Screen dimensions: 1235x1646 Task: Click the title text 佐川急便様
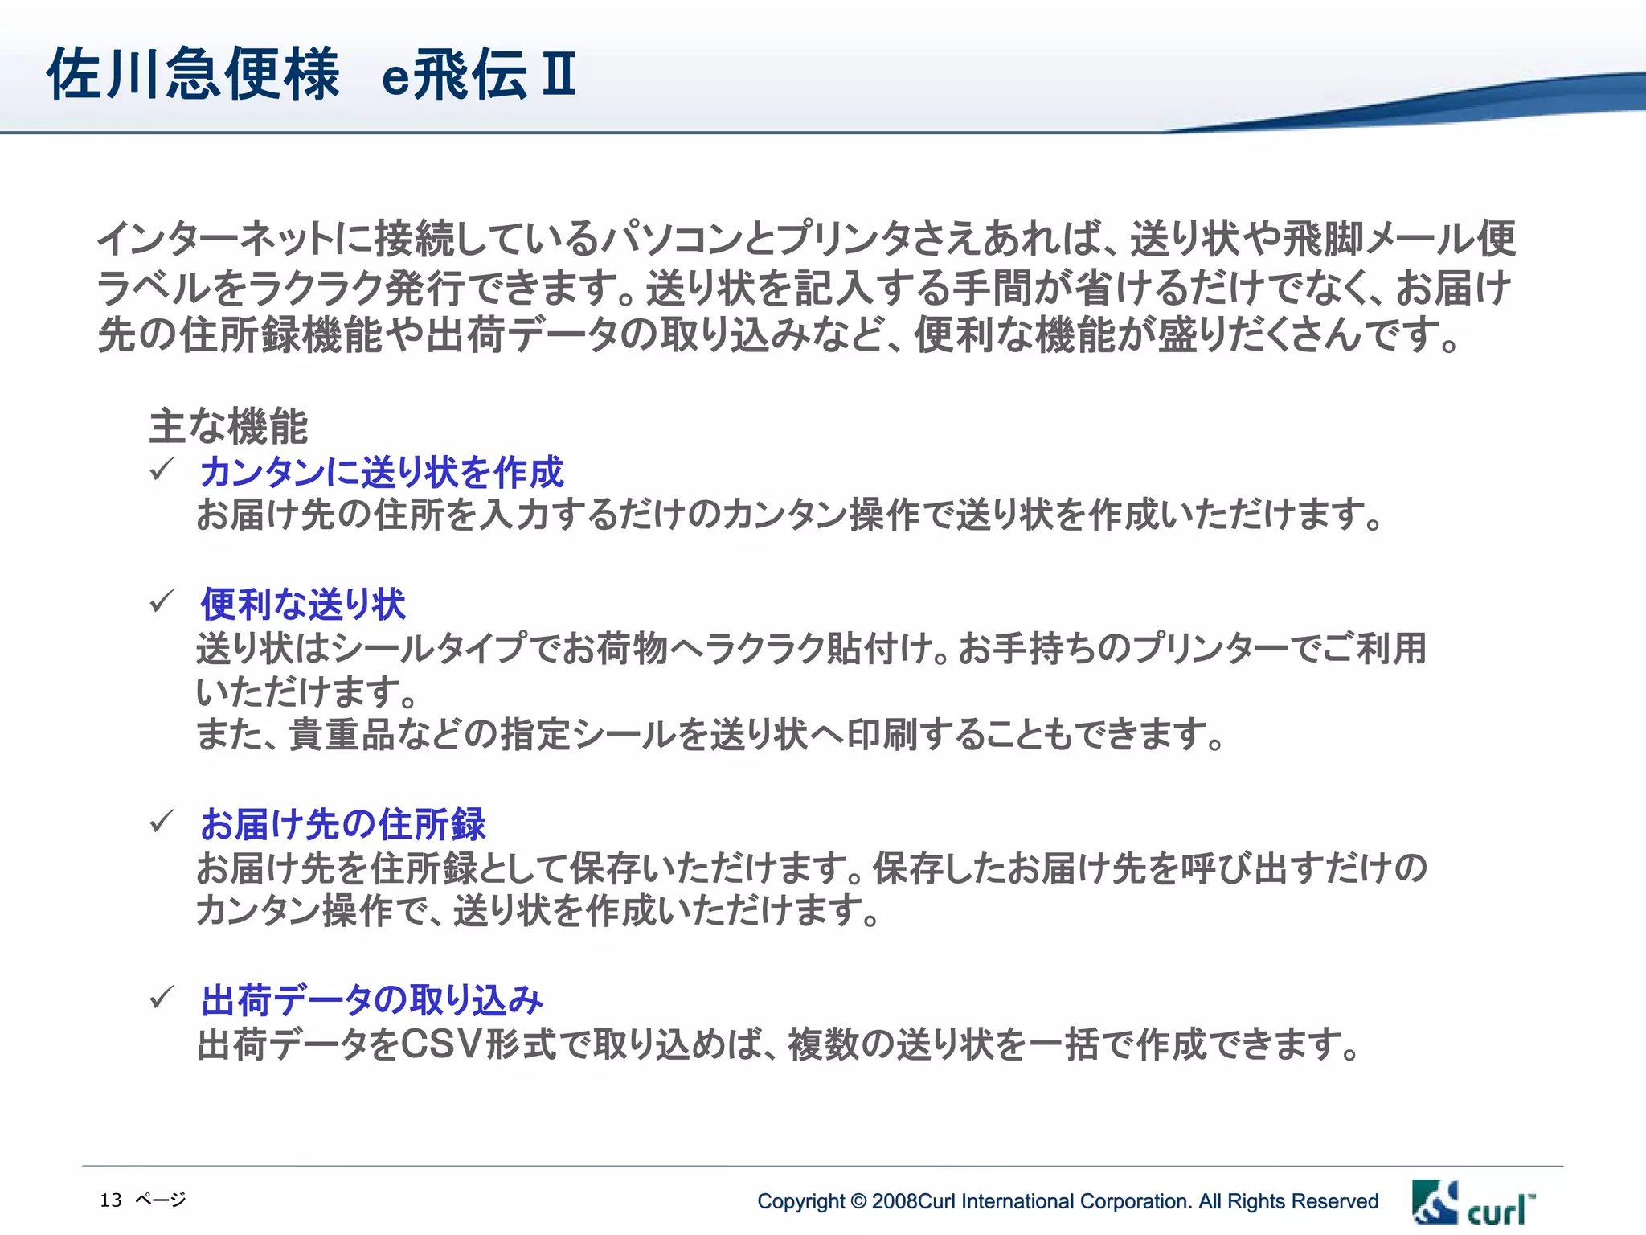click(x=193, y=74)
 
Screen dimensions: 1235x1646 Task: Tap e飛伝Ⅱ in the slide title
click(x=478, y=74)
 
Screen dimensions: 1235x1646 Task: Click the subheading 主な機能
click(x=228, y=426)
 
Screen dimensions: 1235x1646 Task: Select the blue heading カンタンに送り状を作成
click(x=382, y=472)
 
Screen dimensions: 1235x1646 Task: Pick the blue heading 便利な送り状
click(x=303, y=604)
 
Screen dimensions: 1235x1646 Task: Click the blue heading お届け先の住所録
click(x=343, y=824)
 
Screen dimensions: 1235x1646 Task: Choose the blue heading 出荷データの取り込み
click(x=372, y=1000)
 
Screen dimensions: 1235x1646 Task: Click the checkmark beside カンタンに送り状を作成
click(x=162, y=469)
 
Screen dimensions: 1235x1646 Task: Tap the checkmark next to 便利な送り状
click(x=162, y=601)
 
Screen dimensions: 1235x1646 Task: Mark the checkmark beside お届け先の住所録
click(x=162, y=821)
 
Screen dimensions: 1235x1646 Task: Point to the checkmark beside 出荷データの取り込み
click(x=162, y=997)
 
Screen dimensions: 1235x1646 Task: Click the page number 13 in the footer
click(x=111, y=1200)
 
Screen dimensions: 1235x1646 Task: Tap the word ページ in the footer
click(x=161, y=1200)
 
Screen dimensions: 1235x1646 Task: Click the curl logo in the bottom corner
click(x=1473, y=1203)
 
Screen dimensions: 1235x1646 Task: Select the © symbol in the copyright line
click(x=858, y=1201)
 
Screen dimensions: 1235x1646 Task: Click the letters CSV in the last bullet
click(x=440, y=1044)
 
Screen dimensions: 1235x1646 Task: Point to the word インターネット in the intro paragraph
click(x=215, y=238)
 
